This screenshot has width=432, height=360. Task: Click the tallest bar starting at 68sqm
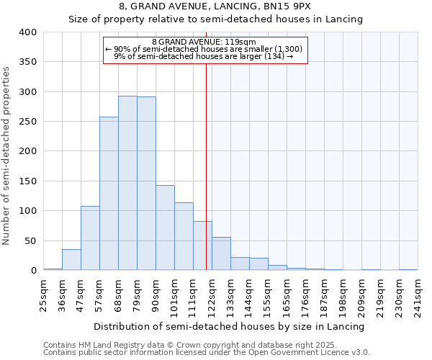127,183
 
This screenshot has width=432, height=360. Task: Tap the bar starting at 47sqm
90,238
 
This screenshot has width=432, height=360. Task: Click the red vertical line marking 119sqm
207,166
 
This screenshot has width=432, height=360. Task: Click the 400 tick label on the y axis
28,32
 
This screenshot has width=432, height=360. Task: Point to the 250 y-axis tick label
28,122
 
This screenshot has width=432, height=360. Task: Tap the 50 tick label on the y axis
31,240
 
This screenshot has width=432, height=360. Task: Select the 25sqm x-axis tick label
44,295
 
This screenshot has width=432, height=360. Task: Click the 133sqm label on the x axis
231,295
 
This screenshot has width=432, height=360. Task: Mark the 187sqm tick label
325,295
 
